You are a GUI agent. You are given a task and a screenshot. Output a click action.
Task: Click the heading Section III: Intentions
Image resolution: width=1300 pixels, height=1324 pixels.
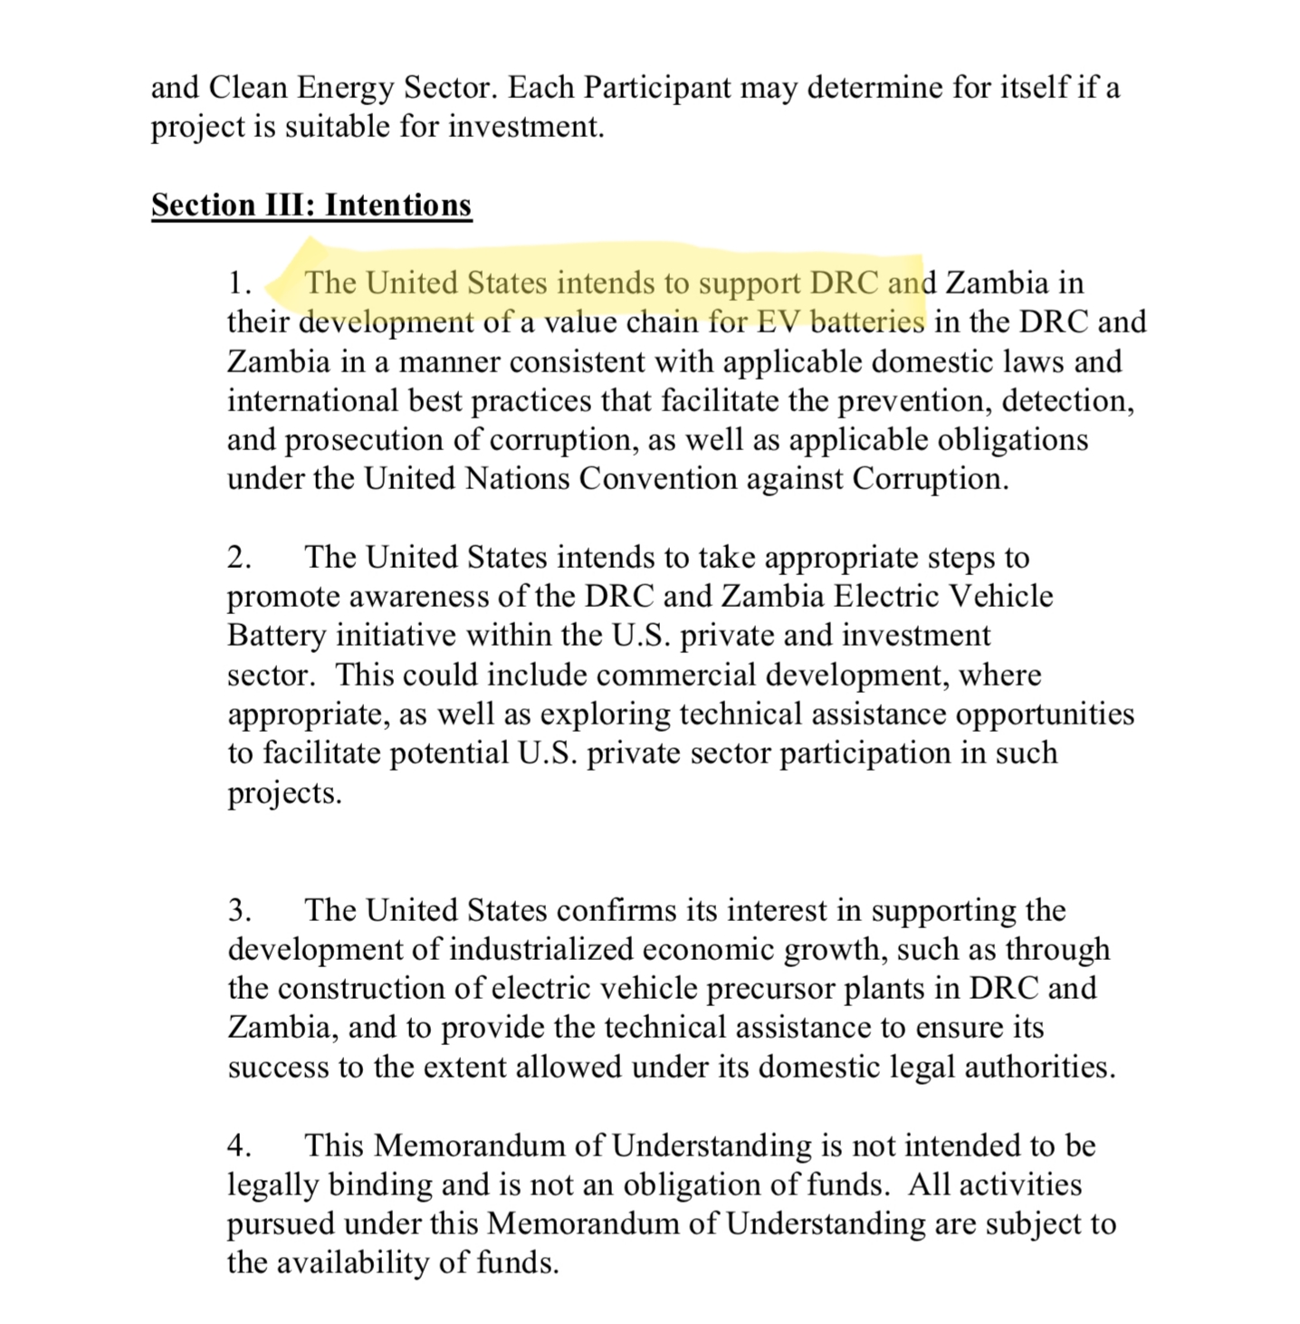[311, 205]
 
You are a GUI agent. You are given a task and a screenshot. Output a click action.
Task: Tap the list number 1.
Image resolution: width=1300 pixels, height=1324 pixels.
[239, 283]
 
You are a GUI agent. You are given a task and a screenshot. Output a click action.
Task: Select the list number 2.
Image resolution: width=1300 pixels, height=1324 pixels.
[239, 558]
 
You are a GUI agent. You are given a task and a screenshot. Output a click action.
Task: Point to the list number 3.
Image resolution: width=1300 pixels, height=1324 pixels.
[239, 910]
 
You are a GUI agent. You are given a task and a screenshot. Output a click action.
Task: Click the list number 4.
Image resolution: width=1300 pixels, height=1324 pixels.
[239, 1146]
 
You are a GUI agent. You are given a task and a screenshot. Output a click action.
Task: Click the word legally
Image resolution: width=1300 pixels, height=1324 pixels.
[272, 1185]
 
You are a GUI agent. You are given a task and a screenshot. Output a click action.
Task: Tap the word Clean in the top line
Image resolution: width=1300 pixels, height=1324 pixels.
[247, 88]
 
